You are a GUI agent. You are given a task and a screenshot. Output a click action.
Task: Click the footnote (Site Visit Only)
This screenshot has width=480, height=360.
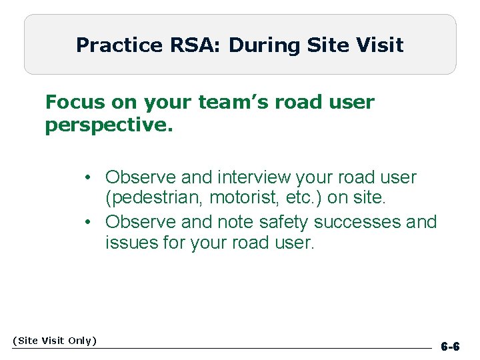(55, 341)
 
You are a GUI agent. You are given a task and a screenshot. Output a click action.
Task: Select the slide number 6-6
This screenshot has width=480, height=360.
(450, 347)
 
